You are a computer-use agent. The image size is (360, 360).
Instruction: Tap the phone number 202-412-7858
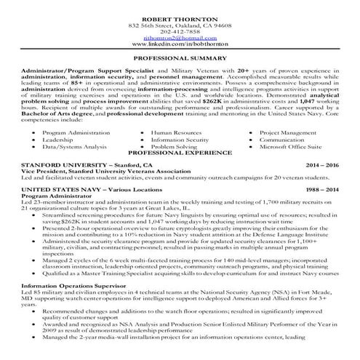pos(180,33)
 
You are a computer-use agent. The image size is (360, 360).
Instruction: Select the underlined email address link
pos(180,39)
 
